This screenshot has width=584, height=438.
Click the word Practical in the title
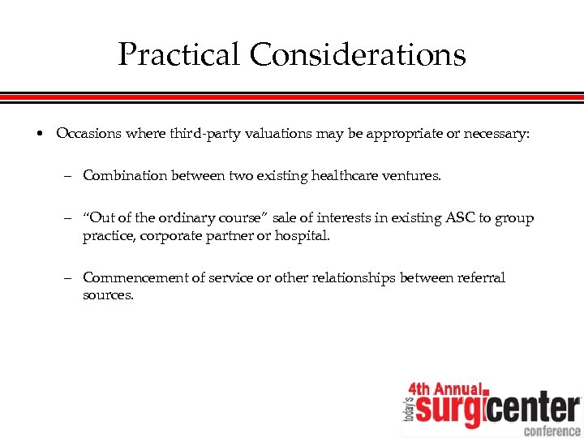pos(179,55)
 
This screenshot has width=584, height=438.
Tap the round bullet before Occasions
pos(40,134)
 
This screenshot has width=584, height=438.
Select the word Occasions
pos(88,133)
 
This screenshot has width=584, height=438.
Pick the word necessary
pos(496,133)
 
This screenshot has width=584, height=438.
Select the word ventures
pos(413,174)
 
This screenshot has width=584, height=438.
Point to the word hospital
pos(303,236)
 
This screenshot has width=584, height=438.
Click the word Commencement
pos(135,277)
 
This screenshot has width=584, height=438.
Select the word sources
pos(108,295)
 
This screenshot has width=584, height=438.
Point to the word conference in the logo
pos(552,430)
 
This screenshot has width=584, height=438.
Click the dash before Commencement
pos(71,277)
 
